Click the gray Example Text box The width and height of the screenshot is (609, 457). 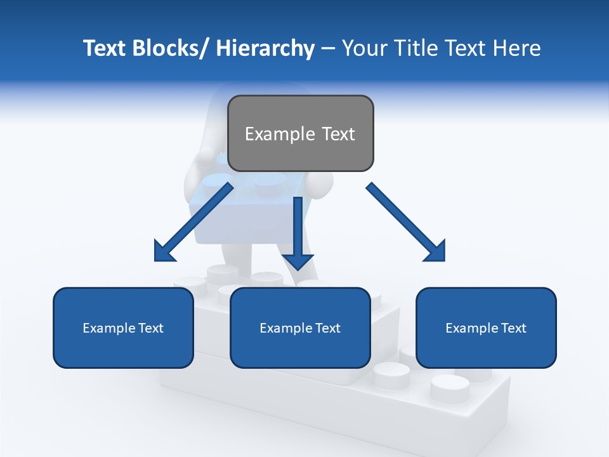pos(301,133)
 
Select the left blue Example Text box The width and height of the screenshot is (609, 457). pos(123,328)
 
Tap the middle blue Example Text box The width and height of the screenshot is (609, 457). pos(300,328)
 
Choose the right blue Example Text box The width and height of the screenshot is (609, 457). pos(486,328)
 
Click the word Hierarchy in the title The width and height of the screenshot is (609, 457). pos(265,48)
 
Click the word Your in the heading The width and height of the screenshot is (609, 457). pos(362,48)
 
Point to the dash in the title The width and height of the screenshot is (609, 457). pos(328,48)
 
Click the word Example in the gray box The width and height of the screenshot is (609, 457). pos(280,134)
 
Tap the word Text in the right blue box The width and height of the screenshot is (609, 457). pos(513,328)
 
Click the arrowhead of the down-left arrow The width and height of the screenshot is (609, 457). pos(164,251)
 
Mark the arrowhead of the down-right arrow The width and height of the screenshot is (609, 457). pos(435,251)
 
